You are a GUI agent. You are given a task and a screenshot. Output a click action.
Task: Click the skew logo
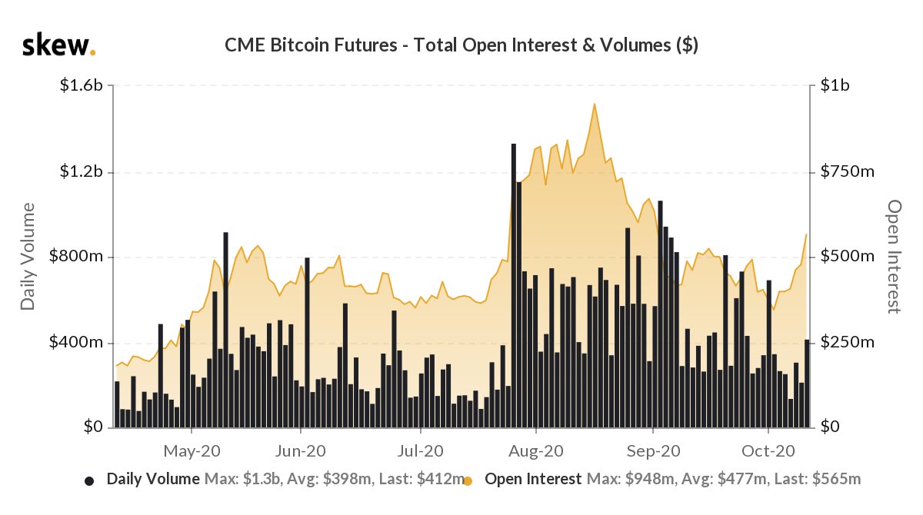tap(58, 45)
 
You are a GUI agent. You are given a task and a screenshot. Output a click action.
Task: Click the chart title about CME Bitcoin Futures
tap(461, 45)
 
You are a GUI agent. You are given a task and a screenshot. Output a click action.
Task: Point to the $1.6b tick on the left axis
tap(81, 86)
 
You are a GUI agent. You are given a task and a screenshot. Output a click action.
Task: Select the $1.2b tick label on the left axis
tap(81, 171)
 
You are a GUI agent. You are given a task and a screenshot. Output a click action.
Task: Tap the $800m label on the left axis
tap(77, 257)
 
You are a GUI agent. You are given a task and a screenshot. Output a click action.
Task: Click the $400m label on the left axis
tap(77, 342)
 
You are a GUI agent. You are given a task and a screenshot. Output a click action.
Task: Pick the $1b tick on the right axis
tap(834, 86)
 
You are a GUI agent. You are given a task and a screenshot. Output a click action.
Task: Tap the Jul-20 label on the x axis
tap(420, 450)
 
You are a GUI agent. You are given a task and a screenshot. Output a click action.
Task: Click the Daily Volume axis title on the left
tap(28, 257)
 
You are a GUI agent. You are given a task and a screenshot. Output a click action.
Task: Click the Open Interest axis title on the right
tap(893, 257)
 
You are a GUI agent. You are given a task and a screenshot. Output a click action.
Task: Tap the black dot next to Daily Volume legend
tap(89, 481)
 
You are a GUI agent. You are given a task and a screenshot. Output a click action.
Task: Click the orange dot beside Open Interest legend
tap(468, 481)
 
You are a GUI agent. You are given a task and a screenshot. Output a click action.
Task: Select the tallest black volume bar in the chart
tap(513, 284)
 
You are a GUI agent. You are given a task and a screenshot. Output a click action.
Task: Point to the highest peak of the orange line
tap(594, 104)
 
